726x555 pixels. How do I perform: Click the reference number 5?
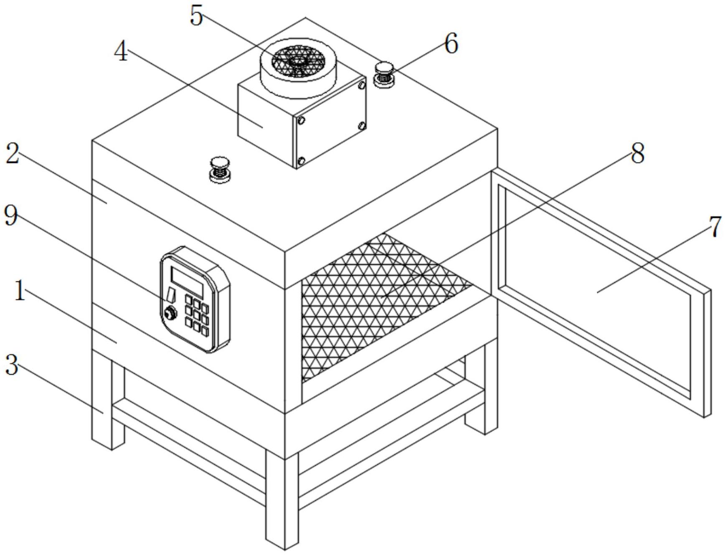point(196,17)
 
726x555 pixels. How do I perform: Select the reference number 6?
point(451,44)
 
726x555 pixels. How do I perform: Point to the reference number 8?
point(637,154)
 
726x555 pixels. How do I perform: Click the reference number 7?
point(715,228)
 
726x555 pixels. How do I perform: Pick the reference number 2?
point(13,154)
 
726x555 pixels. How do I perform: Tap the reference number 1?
point(20,291)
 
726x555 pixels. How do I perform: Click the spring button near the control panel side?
point(220,169)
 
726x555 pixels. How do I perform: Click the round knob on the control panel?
point(170,312)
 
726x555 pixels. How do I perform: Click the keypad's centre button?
point(196,313)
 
